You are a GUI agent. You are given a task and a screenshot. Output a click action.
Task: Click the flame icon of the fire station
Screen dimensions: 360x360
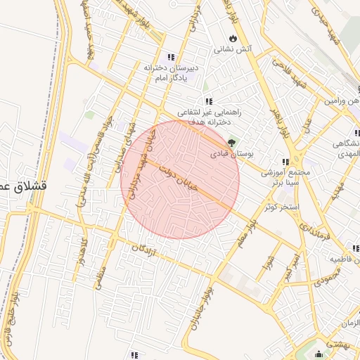click(x=233, y=37)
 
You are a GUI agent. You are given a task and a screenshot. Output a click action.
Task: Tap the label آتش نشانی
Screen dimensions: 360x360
click(x=233, y=49)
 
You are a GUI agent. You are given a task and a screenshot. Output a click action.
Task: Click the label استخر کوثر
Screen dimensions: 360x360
click(x=279, y=207)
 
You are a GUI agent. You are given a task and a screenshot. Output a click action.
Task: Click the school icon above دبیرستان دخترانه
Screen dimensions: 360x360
click(x=171, y=57)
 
